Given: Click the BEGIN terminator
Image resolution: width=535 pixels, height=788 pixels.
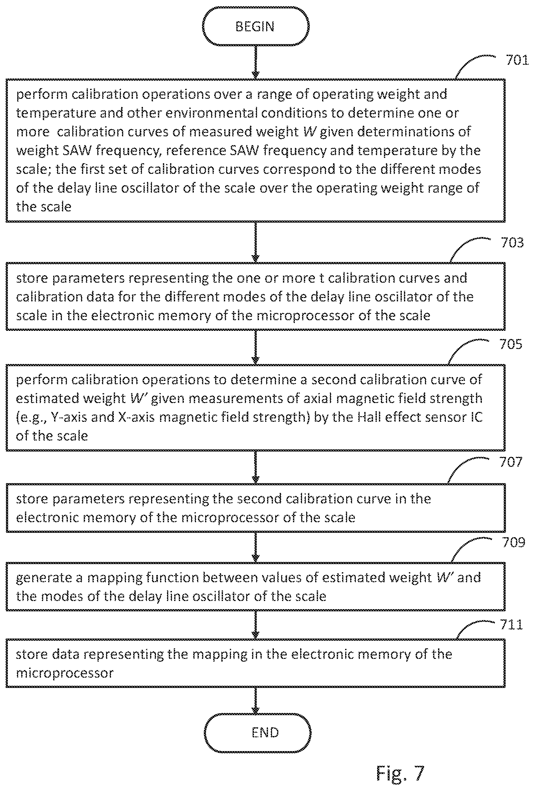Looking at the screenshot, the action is click(256, 27).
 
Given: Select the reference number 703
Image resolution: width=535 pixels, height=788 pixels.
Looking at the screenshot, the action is click(512, 243).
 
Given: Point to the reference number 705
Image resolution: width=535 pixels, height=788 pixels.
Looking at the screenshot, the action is click(511, 345).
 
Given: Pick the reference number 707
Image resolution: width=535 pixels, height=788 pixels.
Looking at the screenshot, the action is click(511, 462).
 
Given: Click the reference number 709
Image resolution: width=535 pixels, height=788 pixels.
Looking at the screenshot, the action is click(514, 543).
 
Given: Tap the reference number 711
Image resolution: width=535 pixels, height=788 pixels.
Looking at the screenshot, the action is click(512, 624).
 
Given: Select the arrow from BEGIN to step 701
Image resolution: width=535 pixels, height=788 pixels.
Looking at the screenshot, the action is click(256, 62).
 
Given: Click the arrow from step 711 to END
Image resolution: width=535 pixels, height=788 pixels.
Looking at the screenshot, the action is click(256, 700).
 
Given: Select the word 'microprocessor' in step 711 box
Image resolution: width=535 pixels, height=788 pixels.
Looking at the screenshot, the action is click(65, 673).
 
